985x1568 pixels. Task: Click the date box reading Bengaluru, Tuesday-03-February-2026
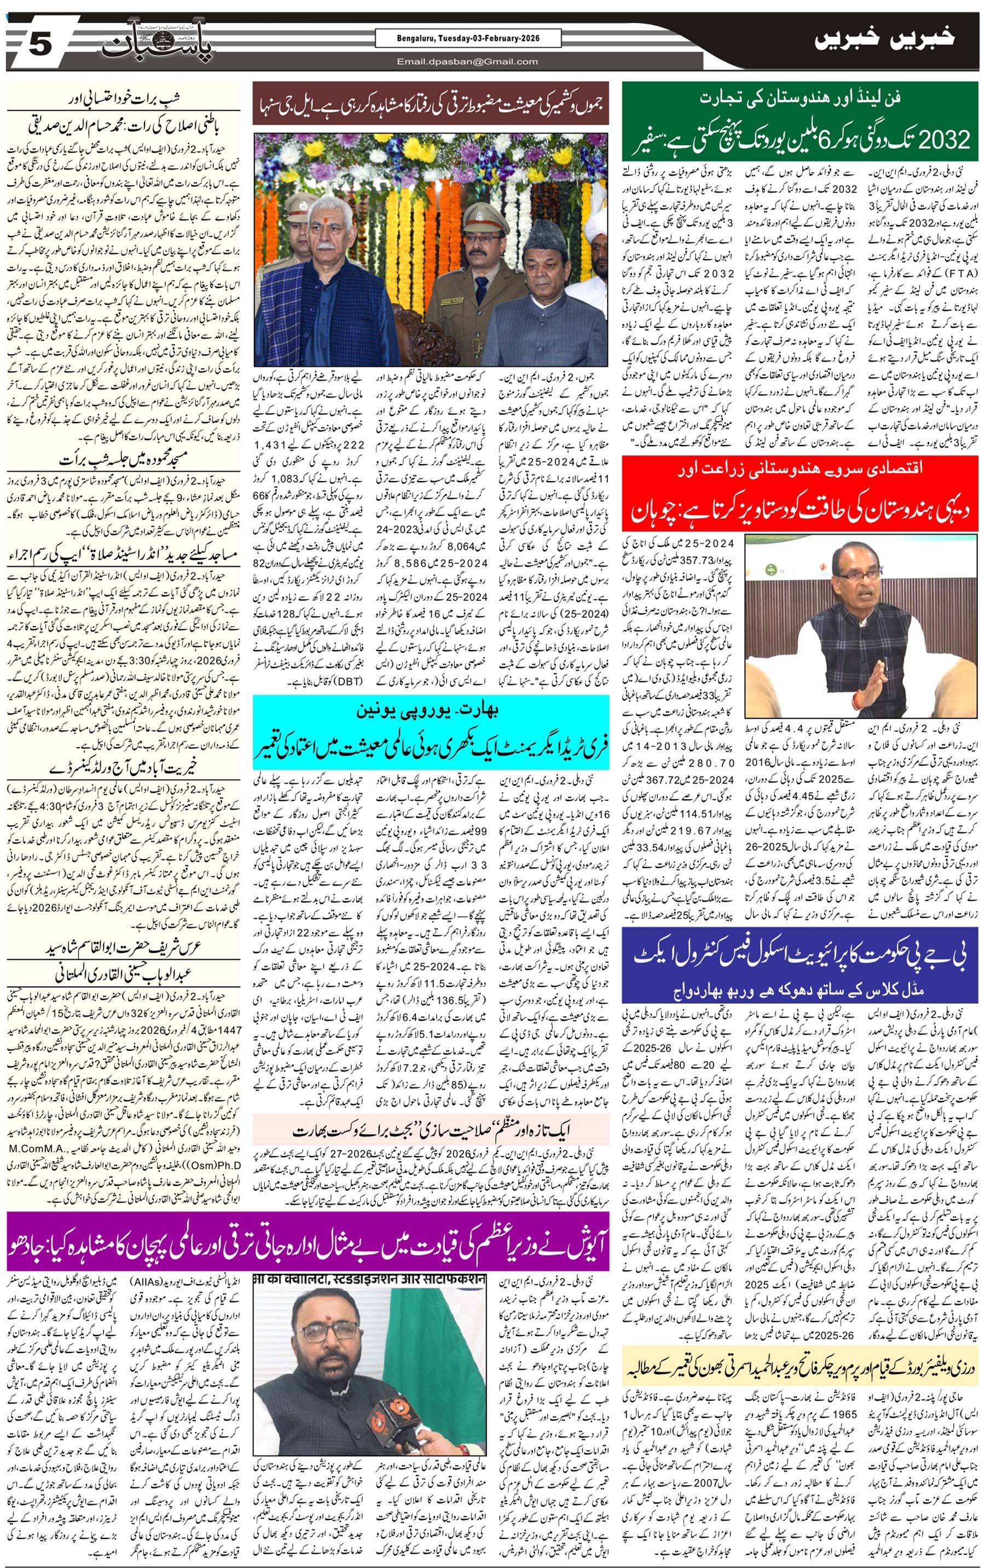[468, 39]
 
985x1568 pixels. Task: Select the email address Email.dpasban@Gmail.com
[468, 62]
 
